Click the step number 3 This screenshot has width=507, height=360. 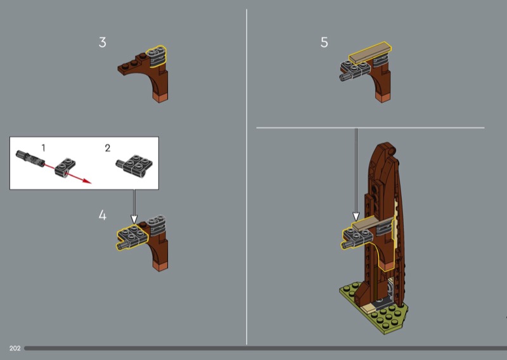[x=102, y=42]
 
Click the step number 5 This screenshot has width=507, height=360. [x=324, y=42]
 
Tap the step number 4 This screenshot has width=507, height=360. [x=102, y=215]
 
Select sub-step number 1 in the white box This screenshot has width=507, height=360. [x=43, y=148]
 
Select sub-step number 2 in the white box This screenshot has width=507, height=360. [x=108, y=148]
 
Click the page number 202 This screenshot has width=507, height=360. [x=15, y=349]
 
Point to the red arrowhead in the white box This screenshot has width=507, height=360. [x=87, y=181]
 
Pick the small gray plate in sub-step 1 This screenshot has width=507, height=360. [x=65, y=167]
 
